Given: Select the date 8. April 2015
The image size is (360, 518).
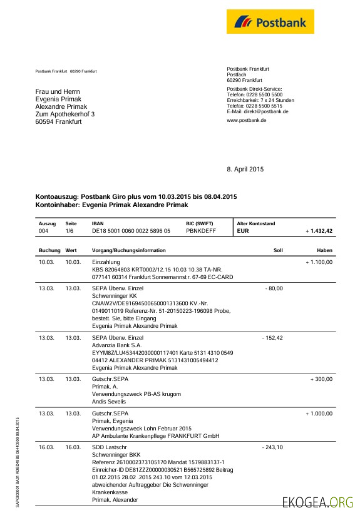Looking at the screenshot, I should [245, 169].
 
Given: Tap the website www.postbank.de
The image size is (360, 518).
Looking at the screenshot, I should [247, 120].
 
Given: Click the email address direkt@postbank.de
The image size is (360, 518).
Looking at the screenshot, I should [266, 111].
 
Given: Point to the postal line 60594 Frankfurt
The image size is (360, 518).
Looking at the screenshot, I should [58, 122].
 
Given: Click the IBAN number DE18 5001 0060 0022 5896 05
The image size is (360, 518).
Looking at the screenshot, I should [131, 231].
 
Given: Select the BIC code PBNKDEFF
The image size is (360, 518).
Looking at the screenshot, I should [200, 231].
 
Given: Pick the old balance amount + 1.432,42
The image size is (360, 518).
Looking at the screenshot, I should [319, 231].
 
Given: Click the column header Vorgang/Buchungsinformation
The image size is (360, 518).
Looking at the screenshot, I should [129, 250].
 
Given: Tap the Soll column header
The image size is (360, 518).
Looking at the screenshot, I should [278, 250].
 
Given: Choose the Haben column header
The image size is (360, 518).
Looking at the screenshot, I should [324, 250].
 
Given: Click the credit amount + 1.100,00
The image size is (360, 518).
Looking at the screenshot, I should [319, 262].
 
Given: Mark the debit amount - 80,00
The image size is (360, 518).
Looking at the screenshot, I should [274, 288].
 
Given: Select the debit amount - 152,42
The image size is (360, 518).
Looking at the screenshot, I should [272, 338].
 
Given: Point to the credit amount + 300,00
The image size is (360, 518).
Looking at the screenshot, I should [321, 379].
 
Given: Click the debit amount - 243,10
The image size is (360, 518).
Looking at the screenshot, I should [272, 447].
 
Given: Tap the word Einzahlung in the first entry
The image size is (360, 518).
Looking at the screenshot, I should [106, 262].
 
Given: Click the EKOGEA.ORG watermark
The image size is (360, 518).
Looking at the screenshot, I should [318, 502].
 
